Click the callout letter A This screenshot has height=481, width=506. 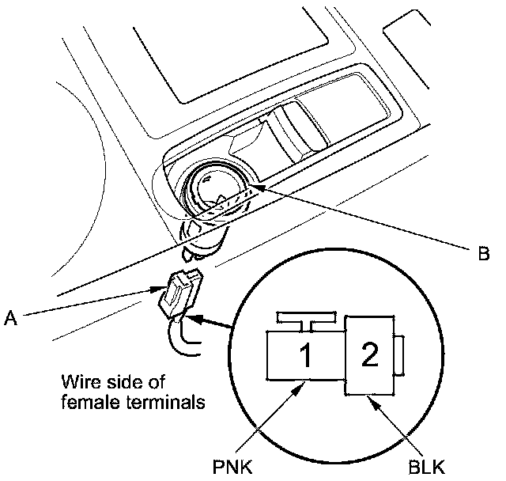(10, 318)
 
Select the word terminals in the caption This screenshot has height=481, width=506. (167, 401)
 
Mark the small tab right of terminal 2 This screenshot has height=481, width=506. (400, 354)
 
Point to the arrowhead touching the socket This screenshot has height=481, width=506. (255, 188)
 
